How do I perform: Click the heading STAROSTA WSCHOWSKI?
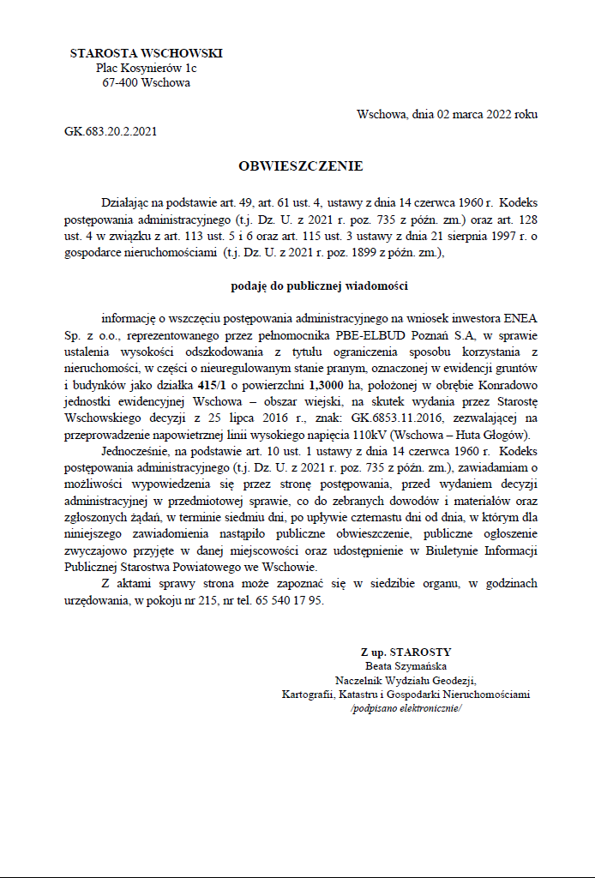pyautogui.click(x=146, y=53)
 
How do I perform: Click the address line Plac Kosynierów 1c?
pyautogui.click(x=146, y=68)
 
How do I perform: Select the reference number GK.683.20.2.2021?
pyautogui.click(x=111, y=131)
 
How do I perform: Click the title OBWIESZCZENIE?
pyautogui.click(x=300, y=165)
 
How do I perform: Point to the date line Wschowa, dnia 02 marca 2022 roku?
pyautogui.click(x=448, y=114)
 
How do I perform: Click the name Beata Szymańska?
pyautogui.click(x=406, y=666)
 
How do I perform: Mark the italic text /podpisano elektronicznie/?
pyautogui.click(x=406, y=709)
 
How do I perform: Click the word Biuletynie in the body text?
pyautogui.click(x=443, y=549)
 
